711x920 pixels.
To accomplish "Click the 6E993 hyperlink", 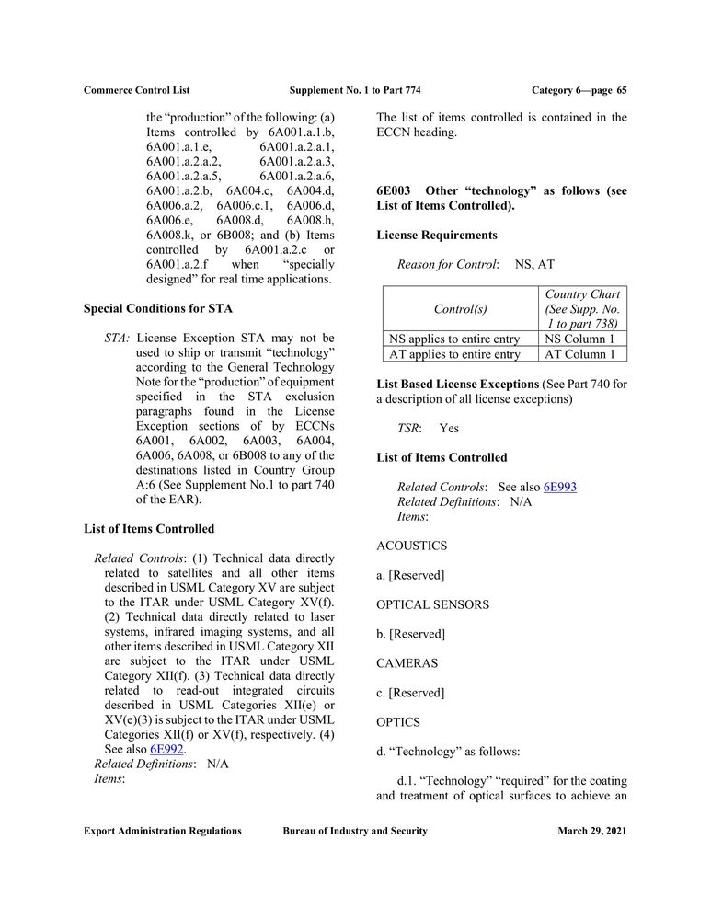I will coord(559,487).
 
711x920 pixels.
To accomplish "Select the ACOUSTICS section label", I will coord(412,546).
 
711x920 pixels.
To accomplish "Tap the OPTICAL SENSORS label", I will coord(432,604).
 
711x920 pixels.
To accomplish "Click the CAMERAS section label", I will coord(407,662).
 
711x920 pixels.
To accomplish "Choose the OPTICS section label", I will coord(398,722).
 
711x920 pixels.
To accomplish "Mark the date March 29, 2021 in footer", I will coord(592,831).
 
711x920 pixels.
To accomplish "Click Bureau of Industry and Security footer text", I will coord(355,831).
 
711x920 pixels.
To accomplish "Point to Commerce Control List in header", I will coord(136,90).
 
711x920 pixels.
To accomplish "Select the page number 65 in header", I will coord(622,90).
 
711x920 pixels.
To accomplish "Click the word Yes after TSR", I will coord(449,428).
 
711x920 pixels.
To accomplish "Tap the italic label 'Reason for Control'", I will coord(447,265).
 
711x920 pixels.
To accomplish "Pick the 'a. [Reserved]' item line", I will coord(410,575).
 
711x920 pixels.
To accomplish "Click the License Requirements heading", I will coord(437,236).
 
